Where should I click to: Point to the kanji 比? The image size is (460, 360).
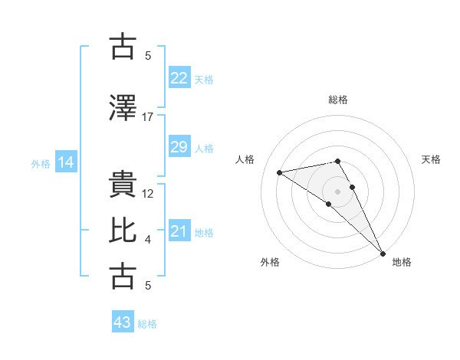pos(123,231)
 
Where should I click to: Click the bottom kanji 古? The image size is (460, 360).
pos(123,276)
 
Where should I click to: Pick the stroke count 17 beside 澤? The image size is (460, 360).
pos(148,117)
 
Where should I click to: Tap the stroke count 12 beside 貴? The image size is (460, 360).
pos(149,194)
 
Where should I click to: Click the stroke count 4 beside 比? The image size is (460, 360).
pos(148,240)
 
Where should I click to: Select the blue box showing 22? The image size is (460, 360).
pos(179,78)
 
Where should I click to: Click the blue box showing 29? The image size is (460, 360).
pos(179,147)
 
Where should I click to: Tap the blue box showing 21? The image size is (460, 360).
pos(179,231)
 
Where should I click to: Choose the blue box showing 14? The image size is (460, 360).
pos(66,162)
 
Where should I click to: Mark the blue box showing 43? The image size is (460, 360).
pos(123,322)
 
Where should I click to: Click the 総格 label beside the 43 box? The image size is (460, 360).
pos(148,324)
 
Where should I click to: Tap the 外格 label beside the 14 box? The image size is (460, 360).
pos(41,163)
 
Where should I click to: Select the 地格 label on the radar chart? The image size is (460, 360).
pos(402,262)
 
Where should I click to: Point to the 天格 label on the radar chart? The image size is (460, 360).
pos(431,159)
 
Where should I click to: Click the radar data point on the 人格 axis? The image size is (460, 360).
pos(280,172)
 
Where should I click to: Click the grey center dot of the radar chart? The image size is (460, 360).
pos(337,191)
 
